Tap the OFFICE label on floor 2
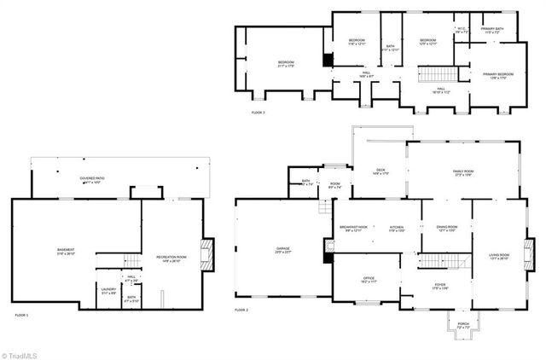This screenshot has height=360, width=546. [x=369, y=278]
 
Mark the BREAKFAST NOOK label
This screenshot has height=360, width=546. [x=353, y=228]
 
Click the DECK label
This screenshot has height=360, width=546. [x=381, y=171]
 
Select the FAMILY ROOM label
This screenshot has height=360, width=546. [x=463, y=171]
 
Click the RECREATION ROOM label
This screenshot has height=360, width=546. [x=171, y=257]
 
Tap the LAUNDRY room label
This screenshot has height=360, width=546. [x=108, y=288]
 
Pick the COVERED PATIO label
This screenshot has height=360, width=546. [x=92, y=178]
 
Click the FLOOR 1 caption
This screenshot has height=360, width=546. [x=21, y=316]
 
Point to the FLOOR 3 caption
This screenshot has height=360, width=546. [x=258, y=112]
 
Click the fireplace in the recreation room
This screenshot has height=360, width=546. [x=204, y=254]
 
